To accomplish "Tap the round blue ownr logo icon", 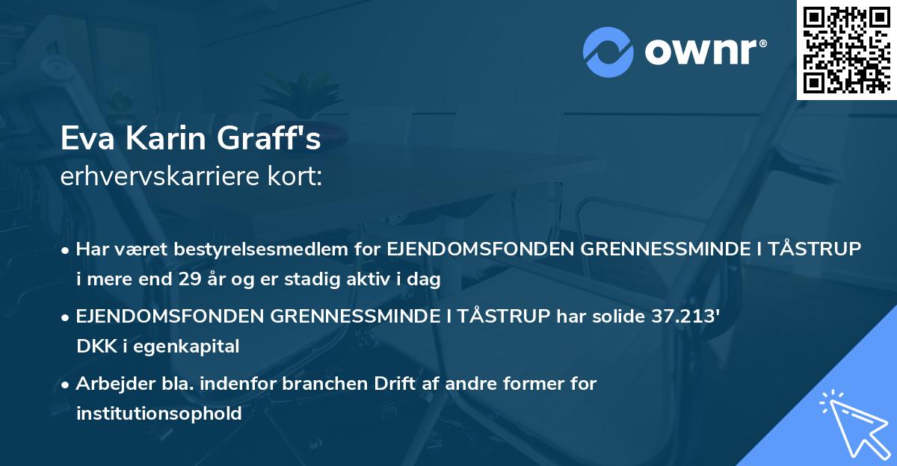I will click(x=608, y=52).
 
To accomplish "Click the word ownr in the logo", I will click(x=703, y=52).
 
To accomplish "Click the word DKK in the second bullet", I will click(x=94, y=347).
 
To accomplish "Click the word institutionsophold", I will click(x=158, y=414).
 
